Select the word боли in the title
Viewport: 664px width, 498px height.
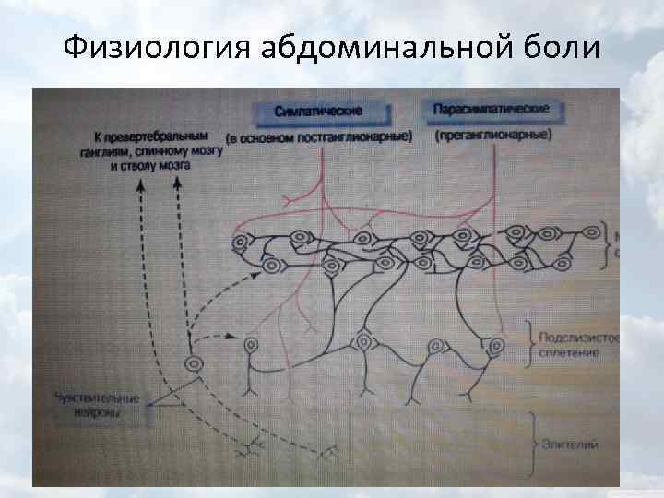pyautogui.click(x=561, y=47)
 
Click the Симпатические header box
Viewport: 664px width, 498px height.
pyautogui.click(x=318, y=111)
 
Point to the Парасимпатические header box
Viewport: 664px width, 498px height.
pyautogui.click(x=491, y=109)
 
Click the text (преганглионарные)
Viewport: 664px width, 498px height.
pyautogui.click(x=492, y=135)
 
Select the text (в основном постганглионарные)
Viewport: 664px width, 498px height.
pyautogui.click(x=319, y=137)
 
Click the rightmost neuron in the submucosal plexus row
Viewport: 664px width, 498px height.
pyautogui.click(x=496, y=346)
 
